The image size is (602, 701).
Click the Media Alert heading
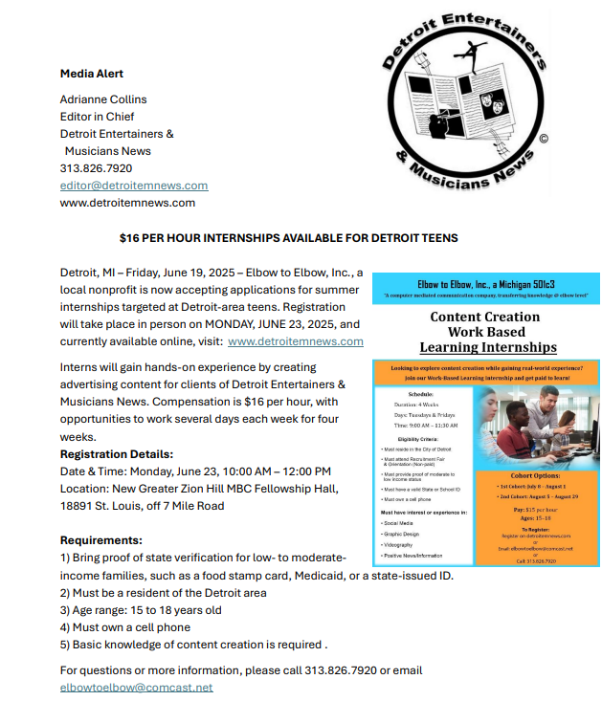(92, 74)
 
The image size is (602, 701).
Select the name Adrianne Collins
(103, 99)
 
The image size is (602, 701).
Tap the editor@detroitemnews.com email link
(134, 186)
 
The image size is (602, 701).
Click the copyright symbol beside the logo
(544, 139)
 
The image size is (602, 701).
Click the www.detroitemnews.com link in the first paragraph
(296, 341)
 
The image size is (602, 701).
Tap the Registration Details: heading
(117, 454)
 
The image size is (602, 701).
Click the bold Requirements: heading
(101, 540)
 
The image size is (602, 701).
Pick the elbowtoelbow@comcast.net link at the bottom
(137, 688)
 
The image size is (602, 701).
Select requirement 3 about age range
(141, 610)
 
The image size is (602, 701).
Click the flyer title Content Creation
(484, 317)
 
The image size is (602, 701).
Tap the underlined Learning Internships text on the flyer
(486, 347)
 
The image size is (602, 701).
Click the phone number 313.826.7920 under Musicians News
(97, 168)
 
